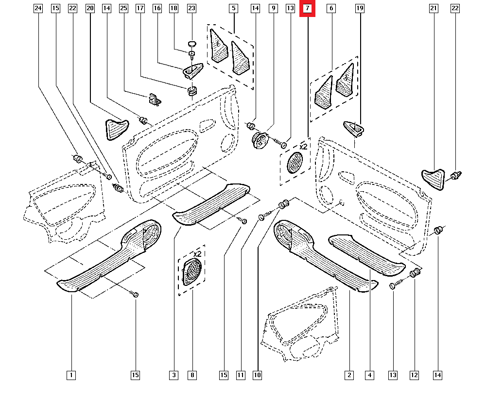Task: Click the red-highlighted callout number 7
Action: point(308,8)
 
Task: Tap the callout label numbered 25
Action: point(123,8)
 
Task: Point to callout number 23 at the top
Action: point(191,8)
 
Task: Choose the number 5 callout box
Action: point(234,8)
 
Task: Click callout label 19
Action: point(360,8)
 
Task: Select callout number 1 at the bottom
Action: point(71,375)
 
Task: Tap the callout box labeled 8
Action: point(193,375)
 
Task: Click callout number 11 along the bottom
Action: point(241,375)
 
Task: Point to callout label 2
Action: point(349,375)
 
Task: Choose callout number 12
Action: point(415,375)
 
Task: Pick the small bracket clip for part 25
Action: point(155,99)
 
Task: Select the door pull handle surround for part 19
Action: point(355,129)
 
